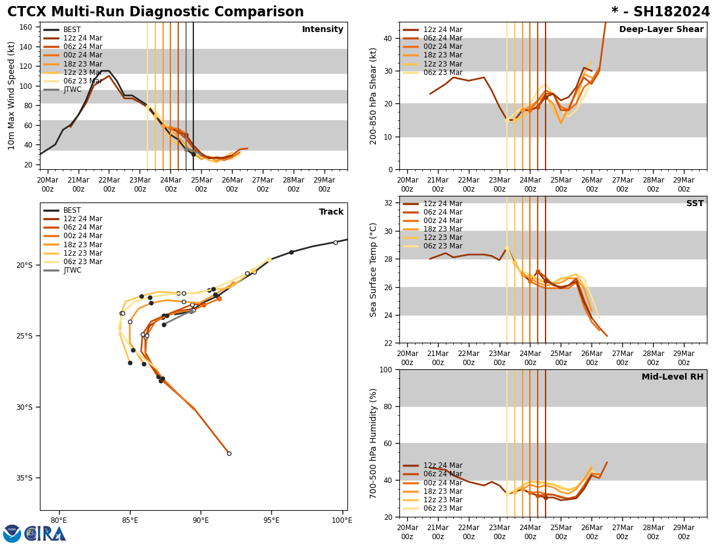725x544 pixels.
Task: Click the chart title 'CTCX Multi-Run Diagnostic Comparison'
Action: click(x=155, y=12)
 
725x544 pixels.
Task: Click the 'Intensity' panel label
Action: click(x=323, y=30)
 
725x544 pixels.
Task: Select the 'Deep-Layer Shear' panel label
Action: click(x=661, y=30)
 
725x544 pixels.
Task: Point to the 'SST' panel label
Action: click(x=695, y=204)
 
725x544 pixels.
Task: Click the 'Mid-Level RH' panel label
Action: click(x=672, y=377)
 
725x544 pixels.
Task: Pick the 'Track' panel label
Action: click(x=331, y=212)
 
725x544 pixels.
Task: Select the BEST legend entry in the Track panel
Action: click(x=72, y=211)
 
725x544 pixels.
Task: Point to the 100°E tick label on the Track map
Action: click(x=342, y=520)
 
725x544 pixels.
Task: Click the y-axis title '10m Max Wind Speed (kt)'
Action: click(x=12, y=96)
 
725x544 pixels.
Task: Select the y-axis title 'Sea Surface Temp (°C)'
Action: click(x=374, y=270)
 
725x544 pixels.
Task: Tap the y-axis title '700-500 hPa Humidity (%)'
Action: click(x=374, y=443)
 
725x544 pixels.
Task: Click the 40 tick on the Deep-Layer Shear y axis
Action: click(x=388, y=38)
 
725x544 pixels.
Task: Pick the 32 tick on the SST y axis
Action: click(x=388, y=203)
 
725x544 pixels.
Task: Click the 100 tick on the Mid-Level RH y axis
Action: click(x=385, y=370)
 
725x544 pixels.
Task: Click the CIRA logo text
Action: click(x=45, y=534)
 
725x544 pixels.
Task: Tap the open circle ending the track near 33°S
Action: click(x=229, y=453)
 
